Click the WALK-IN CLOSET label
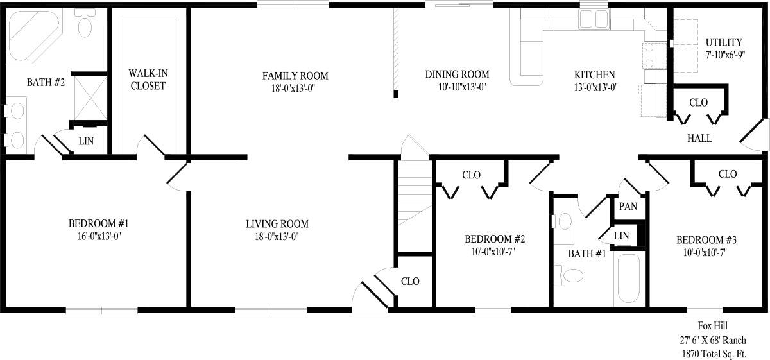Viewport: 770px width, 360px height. pyautogui.click(x=147, y=80)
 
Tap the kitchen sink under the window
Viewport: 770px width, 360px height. pyautogui.click(x=588, y=21)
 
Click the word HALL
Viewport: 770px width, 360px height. pyautogui.click(x=699, y=138)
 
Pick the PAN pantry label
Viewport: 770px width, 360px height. pyautogui.click(x=628, y=207)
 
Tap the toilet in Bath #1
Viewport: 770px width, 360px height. pyautogui.click(x=571, y=275)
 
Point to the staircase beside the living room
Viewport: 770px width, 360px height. pyautogui.click(x=412, y=193)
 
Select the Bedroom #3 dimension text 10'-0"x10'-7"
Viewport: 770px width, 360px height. pyautogui.click(x=706, y=252)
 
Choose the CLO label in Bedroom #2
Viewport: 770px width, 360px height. pyautogui.click(x=472, y=175)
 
